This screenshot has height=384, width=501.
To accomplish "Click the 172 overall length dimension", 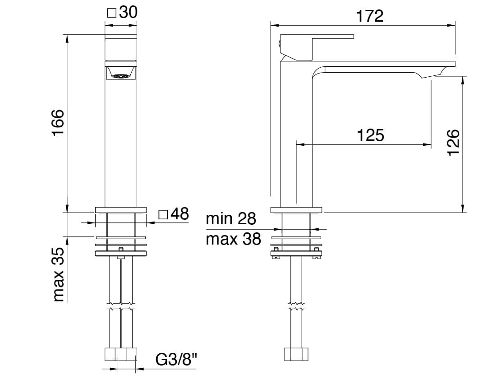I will pos(369,16).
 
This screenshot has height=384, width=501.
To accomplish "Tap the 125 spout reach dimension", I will pos(370,135).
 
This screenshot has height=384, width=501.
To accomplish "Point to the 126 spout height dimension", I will pos(453,142).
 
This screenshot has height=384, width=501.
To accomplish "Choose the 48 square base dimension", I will pos(179,213).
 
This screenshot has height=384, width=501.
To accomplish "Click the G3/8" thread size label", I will pos(177,360).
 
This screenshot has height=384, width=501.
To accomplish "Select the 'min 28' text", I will pos(230,219).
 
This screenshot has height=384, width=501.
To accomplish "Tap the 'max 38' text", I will pos(233,239).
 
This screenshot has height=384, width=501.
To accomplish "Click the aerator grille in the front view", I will pos(120,77).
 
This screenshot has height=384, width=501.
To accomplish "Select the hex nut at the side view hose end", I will pos(296,354).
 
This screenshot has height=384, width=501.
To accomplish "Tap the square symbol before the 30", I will pos(111,13).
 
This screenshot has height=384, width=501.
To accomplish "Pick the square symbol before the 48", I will pos(164,214).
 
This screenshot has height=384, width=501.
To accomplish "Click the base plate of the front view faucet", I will pos(121,209).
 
